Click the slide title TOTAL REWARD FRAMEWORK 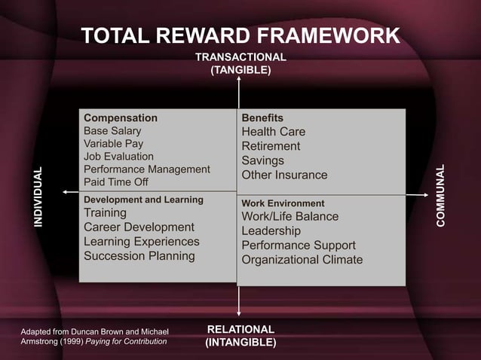240,36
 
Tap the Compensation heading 121,118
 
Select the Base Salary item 112,131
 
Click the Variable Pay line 113,144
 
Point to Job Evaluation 118,157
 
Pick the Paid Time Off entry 116,182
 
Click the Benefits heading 262,118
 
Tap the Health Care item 273,133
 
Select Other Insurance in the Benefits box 284,175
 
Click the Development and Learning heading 143,200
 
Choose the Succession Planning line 139,256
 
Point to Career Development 139,227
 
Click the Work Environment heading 283,203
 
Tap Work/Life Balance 290,217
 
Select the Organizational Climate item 302,260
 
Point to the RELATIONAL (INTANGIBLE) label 240,336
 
